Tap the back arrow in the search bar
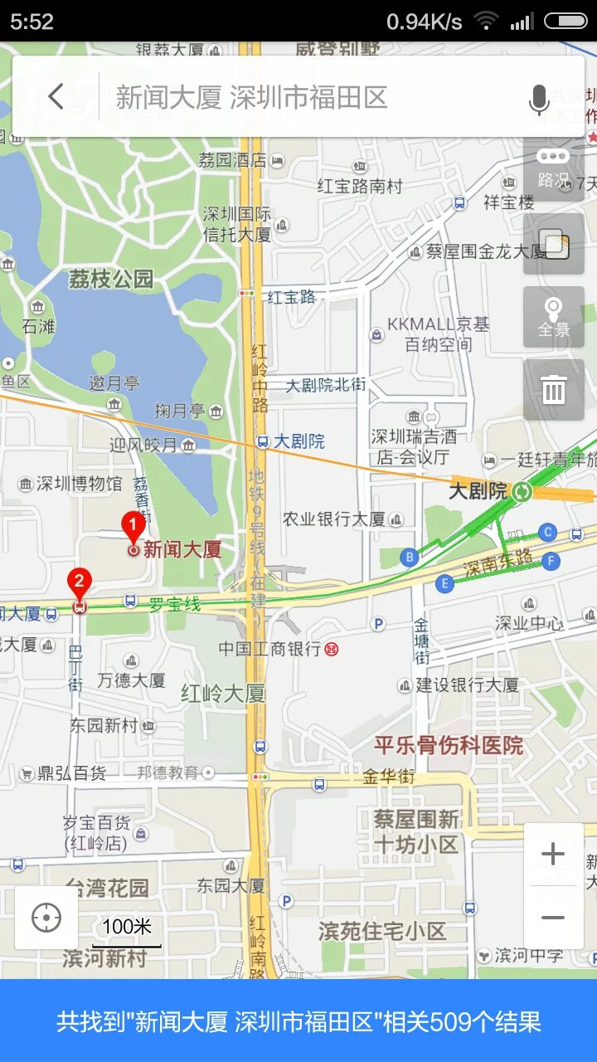coord(56,97)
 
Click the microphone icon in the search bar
coord(539,100)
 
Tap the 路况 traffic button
coord(553,168)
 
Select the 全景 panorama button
coord(553,318)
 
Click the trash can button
coord(553,389)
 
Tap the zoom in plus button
coord(553,854)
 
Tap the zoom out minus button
coord(553,918)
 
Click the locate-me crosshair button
coord(46,918)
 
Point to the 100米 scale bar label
coord(126,927)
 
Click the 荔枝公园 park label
coord(111,279)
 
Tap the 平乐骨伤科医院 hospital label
coord(449,745)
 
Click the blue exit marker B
coord(409,557)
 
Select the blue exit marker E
coord(445,584)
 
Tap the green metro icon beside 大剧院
coord(522,491)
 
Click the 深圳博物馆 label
coord(79,483)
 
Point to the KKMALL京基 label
coord(438,324)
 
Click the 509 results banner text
coord(298,1021)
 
